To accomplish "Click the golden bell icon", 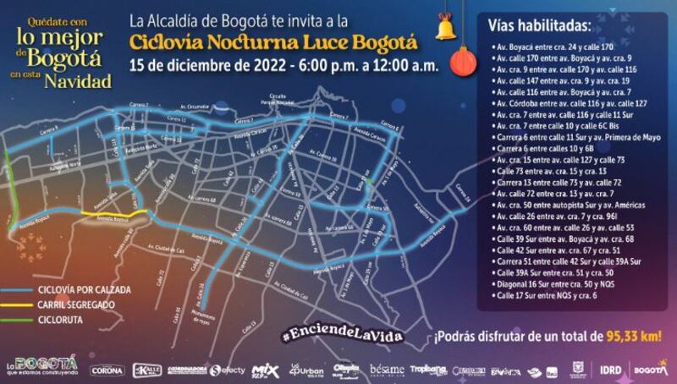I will pyautogui.click(x=443, y=29).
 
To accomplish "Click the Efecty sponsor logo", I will pyautogui.click(x=228, y=370).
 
